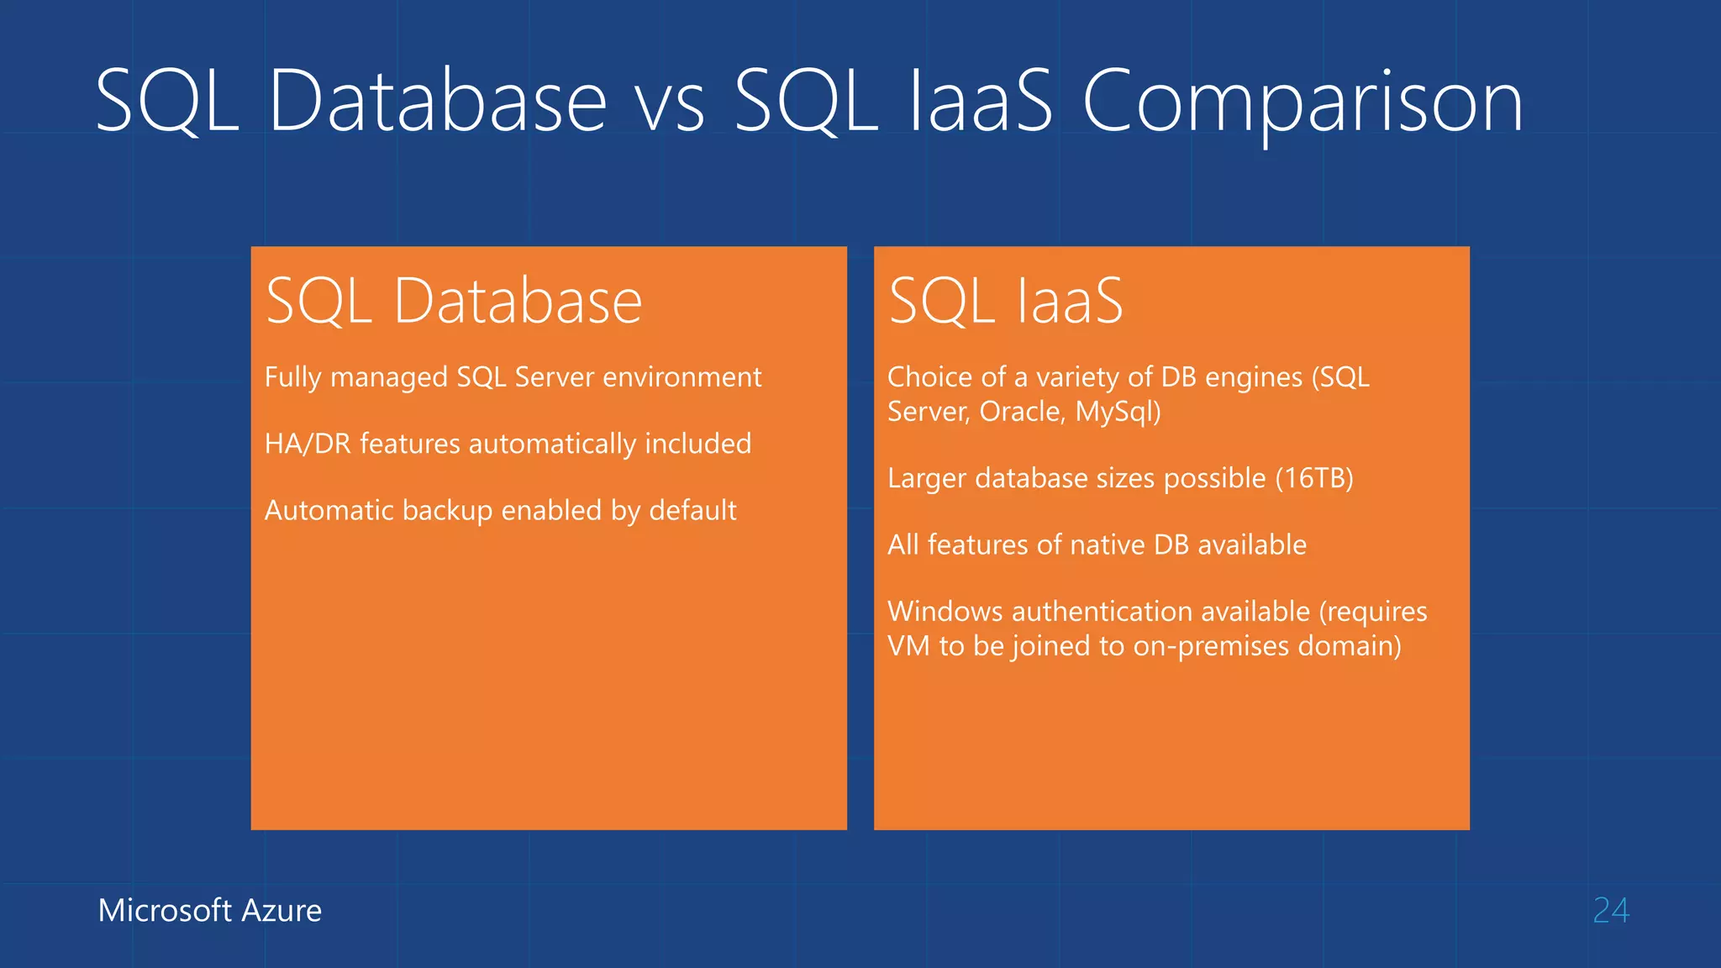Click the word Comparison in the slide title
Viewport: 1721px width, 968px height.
(x=1303, y=103)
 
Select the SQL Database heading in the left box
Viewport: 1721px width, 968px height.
(x=454, y=301)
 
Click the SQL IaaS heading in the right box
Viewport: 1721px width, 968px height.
(x=1006, y=301)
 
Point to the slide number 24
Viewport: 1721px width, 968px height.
(x=1611, y=911)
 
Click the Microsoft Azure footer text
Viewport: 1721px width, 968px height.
(x=210, y=911)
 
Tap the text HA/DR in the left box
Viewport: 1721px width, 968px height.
(x=308, y=444)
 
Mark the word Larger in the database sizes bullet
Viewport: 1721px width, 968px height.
(x=927, y=479)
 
